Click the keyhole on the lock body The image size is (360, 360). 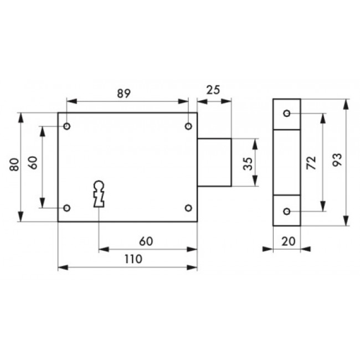[99, 194]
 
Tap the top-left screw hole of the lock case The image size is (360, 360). [67, 126]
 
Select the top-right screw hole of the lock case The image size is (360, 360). [188, 126]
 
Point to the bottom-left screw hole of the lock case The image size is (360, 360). [67, 208]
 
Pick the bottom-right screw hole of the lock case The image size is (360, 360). [188, 208]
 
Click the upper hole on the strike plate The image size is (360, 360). [287, 113]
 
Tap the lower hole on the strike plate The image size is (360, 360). [287, 211]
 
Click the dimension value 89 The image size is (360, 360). [124, 94]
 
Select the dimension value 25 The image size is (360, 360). [213, 90]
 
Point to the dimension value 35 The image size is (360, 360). [248, 164]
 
